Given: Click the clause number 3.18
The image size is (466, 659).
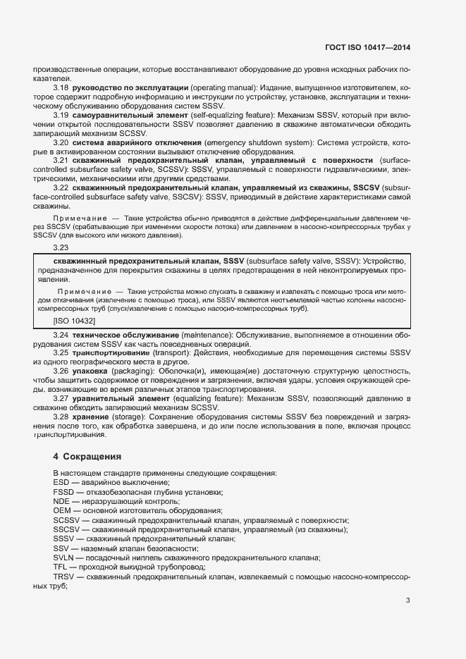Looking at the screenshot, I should point(61,86).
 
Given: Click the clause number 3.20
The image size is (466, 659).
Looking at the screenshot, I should point(61,142).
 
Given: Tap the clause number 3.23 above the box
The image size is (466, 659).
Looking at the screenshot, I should point(61,247).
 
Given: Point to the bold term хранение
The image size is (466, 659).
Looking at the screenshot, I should point(90,417).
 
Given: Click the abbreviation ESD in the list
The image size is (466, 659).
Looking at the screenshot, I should point(61,481).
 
